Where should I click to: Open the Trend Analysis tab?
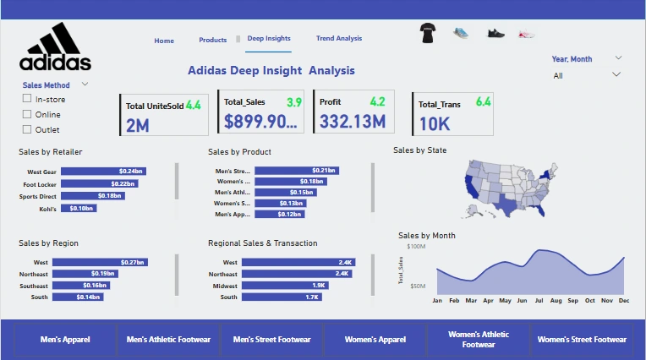(338, 39)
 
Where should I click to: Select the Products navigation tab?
(213, 41)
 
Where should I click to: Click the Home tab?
(164, 41)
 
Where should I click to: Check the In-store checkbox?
(27, 100)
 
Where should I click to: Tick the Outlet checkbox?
(27, 129)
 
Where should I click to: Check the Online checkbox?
(27, 114)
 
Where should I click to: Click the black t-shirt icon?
(428, 34)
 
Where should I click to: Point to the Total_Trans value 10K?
(435, 123)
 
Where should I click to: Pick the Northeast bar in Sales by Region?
(85, 274)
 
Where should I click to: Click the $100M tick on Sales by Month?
(416, 247)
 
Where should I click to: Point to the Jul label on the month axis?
(538, 301)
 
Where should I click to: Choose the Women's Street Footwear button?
(583, 340)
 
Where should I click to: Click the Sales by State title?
(420, 150)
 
